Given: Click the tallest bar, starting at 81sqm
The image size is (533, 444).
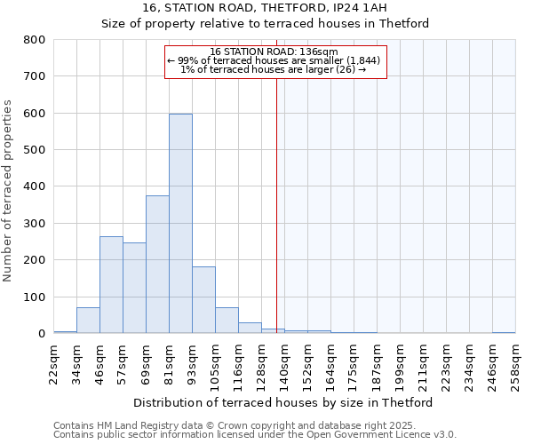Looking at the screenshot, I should point(180,224).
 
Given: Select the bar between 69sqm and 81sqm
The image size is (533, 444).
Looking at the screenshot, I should point(157,265).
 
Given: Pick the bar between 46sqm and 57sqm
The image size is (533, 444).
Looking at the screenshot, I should point(111,285).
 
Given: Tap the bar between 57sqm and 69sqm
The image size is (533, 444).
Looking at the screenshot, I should point(134,289).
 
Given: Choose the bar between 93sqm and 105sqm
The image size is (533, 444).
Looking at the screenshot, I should point(203,300).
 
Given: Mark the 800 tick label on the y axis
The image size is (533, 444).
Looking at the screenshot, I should point(34,40).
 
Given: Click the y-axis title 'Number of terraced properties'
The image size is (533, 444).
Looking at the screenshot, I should point(9,190).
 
